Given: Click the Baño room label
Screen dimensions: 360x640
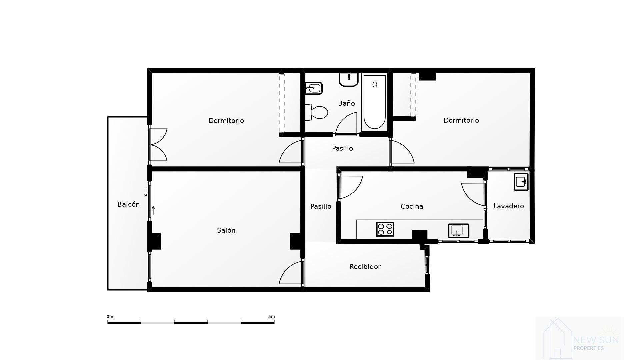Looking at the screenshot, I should (x=346, y=103).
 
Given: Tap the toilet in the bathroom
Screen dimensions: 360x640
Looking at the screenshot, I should (x=317, y=112).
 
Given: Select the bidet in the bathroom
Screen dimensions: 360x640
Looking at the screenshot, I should (x=314, y=88).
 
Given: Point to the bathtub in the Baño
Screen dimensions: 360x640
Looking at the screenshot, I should (x=375, y=102).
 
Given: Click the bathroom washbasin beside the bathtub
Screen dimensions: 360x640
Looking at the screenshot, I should (x=349, y=79).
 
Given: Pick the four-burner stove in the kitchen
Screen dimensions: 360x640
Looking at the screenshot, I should (x=385, y=229).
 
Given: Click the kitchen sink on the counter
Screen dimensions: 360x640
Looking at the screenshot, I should (x=458, y=230).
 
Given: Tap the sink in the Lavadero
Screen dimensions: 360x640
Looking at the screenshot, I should (x=521, y=182).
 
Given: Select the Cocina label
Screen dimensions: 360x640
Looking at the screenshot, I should (x=412, y=206).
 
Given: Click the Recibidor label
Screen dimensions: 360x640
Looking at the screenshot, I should (x=365, y=267).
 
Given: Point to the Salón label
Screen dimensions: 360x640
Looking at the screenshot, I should (x=226, y=230).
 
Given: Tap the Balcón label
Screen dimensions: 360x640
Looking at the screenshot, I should (x=128, y=204).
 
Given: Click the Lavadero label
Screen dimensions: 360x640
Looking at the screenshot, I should (x=508, y=206).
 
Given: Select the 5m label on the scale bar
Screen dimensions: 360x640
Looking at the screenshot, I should (x=271, y=317).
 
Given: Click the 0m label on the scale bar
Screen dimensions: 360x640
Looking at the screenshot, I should (x=110, y=317).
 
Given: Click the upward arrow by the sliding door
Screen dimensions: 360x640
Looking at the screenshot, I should (x=153, y=210).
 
